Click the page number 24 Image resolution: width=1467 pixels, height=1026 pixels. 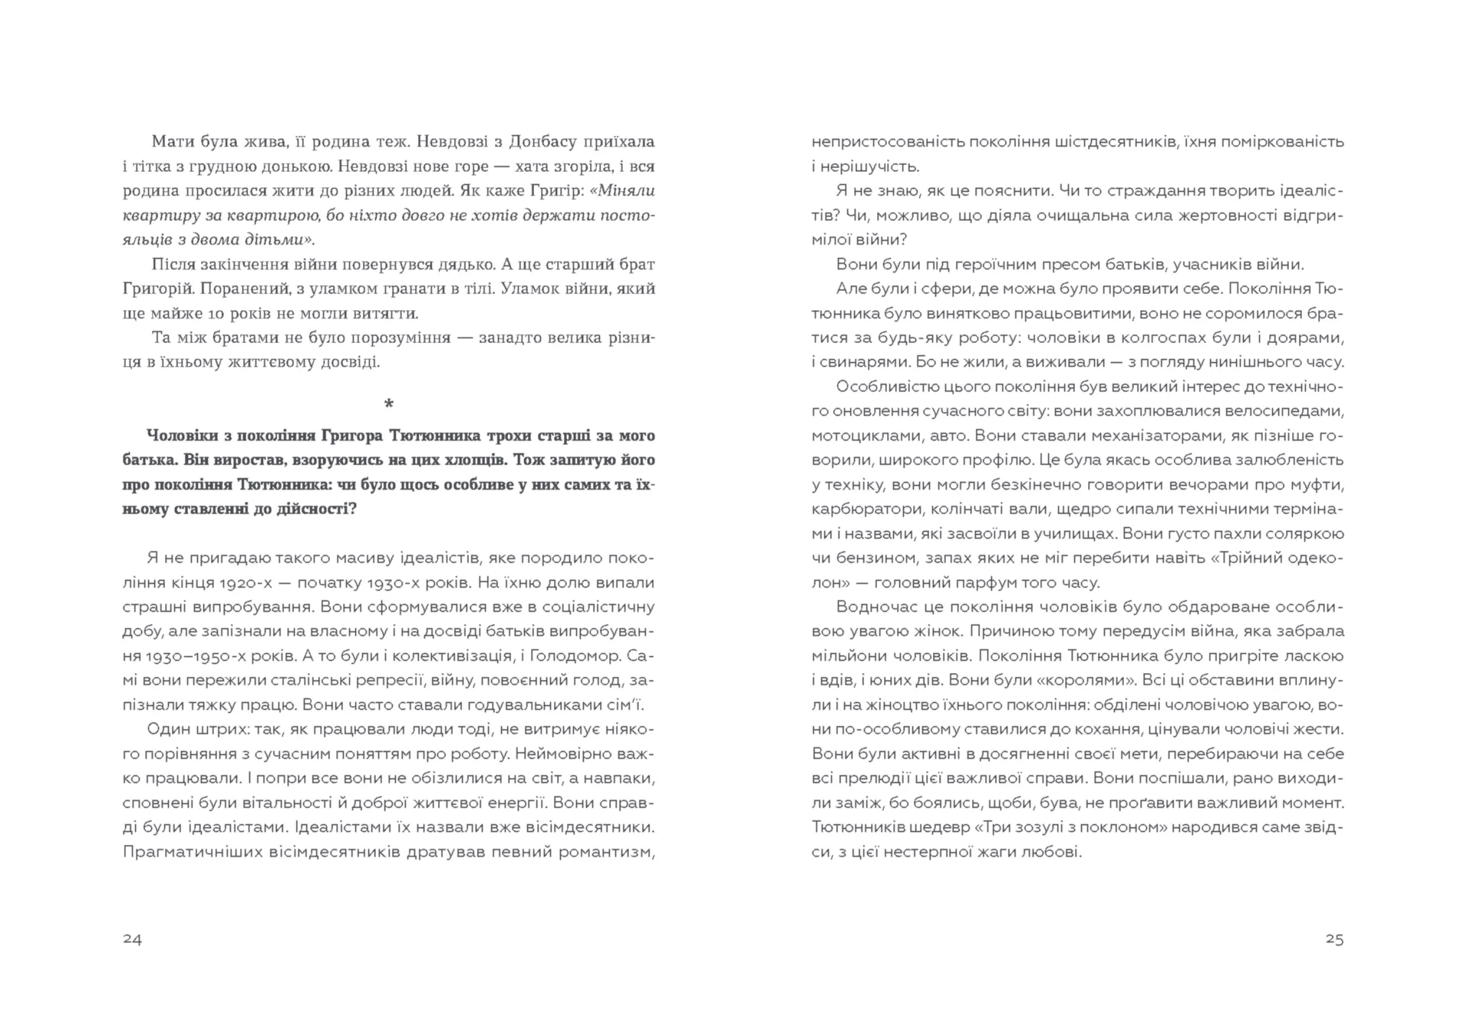(x=132, y=939)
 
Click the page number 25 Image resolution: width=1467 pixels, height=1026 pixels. (x=1334, y=939)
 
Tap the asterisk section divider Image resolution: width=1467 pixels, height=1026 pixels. (x=389, y=403)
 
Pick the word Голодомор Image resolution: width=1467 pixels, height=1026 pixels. (x=589, y=656)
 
